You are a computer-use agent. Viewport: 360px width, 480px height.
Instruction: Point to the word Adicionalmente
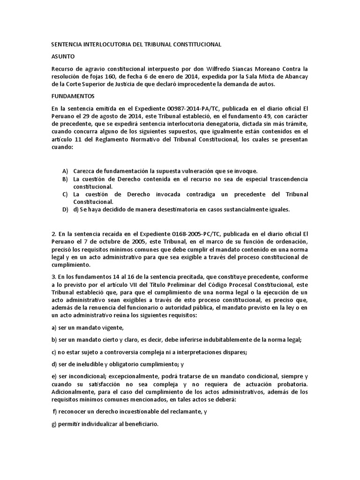[75, 392]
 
